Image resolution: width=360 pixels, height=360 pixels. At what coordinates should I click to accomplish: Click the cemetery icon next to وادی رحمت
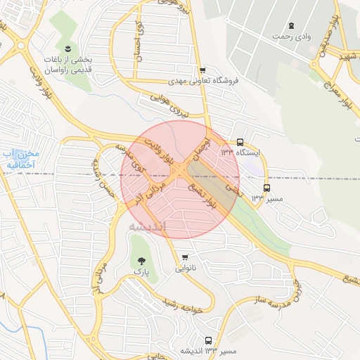coord(291,25)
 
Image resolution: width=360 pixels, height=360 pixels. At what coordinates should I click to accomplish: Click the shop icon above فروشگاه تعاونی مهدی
coord(202,70)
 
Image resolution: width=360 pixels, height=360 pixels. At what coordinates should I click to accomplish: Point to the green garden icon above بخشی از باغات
coord(67,49)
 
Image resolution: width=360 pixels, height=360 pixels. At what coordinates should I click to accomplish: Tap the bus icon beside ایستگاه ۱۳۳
coord(240,141)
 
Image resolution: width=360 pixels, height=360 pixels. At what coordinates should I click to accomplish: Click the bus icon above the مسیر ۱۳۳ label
coord(266,188)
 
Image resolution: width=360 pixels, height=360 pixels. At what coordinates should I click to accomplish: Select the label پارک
coord(141,270)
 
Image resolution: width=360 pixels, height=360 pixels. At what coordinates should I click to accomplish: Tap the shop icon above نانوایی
coord(185,257)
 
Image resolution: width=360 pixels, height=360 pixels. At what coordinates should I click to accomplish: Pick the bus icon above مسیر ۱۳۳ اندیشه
coord(207,340)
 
